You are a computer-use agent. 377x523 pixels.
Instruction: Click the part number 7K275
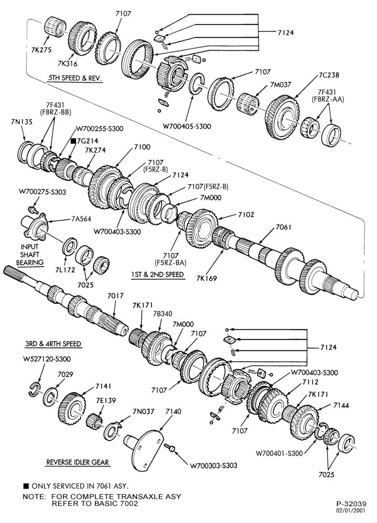click(x=41, y=50)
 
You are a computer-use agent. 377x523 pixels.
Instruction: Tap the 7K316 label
click(x=67, y=64)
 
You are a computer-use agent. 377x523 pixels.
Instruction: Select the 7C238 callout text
click(x=329, y=75)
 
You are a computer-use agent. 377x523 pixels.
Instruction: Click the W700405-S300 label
click(x=187, y=127)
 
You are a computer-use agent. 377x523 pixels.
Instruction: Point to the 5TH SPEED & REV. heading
click(x=74, y=78)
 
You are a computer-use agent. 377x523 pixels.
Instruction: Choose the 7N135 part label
click(x=21, y=122)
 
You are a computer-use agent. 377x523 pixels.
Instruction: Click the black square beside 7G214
click(x=73, y=141)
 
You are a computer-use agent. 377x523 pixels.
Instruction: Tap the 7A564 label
click(x=81, y=219)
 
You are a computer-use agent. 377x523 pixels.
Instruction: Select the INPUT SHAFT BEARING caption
click(x=30, y=255)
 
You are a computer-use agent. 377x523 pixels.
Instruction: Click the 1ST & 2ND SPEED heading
click(x=158, y=275)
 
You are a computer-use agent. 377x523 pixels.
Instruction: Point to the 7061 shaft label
click(x=283, y=228)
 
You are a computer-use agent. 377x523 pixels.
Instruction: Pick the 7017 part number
click(x=115, y=296)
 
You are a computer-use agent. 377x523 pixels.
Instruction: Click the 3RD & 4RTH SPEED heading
click(x=53, y=344)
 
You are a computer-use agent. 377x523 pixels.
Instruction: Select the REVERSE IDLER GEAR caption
click(x=77, y=462)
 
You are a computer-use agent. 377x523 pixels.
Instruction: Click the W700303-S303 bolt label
click(x=214, y=465)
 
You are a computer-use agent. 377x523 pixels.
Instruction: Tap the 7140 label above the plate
click(x=174, y=412)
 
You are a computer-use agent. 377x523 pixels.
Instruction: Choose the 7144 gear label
click(x=341, y=405)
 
